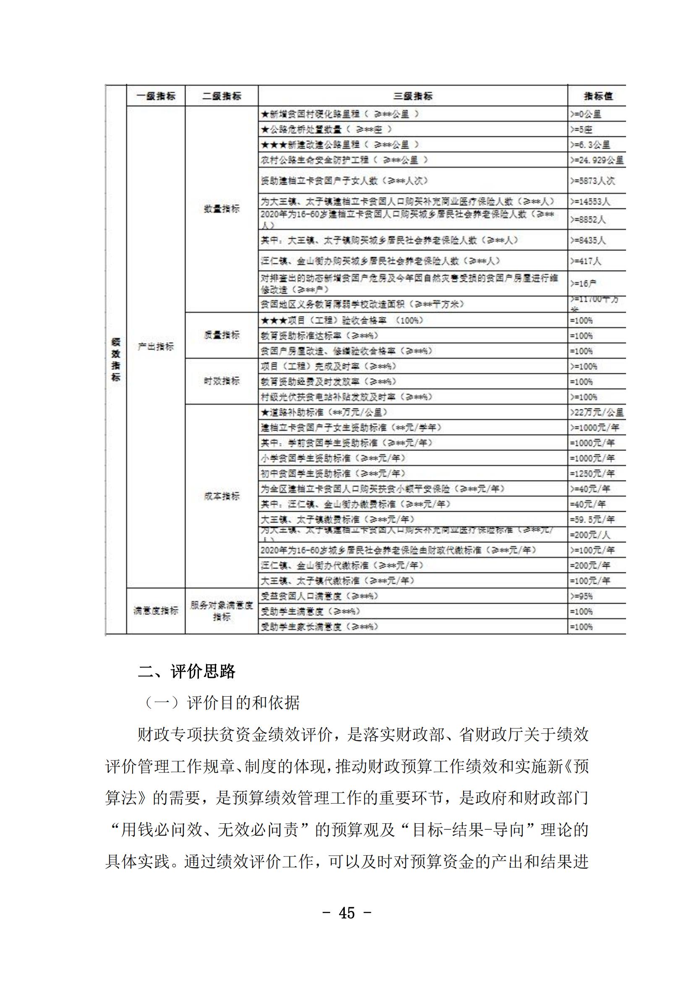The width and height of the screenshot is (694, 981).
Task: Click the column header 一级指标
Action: tap(156, 96)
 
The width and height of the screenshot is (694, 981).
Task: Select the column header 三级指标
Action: tap(413, 96)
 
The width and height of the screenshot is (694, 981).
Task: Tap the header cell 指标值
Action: tap(598, 96)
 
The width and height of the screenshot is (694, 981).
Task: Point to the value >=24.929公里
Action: tap(597, 161)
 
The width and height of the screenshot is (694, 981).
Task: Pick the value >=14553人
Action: tap(590, 202)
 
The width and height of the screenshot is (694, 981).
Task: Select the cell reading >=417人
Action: tap(585, 261)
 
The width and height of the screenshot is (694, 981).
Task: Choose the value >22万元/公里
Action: tap(597, 413)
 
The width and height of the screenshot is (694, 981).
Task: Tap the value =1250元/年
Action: tap(592, 474)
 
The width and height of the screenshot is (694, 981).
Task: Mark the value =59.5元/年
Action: tap(592, 520)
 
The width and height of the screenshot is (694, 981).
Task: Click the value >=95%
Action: tap(582, 596)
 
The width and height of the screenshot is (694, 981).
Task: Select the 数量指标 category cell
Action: tap(222, 209)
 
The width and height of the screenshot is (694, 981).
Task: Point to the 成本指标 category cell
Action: tap(222, 497)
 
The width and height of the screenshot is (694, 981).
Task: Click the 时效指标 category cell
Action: tap(222, 381)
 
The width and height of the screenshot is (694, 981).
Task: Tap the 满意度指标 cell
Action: tap(156, 611)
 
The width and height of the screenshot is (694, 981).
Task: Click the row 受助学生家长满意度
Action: tap(320, 627)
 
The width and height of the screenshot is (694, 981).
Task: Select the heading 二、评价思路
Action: tap(186, 672)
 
